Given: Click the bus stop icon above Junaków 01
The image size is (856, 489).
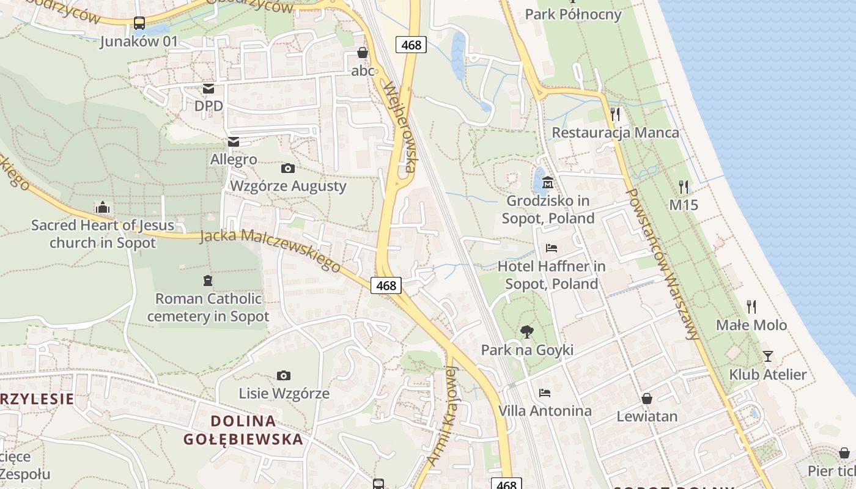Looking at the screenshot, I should [x=139, y=23].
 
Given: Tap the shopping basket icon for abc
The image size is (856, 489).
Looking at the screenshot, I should [x=363, y=53].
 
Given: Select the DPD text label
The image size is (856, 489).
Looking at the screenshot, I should [x=208, y=106].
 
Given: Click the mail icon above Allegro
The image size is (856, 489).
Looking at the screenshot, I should [x=233, y=142].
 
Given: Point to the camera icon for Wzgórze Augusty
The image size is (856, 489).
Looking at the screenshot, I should [x=287, y=168].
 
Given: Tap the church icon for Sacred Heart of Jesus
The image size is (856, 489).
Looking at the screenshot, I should [x=102, y=208].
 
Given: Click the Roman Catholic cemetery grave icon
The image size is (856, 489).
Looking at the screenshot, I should [x=208, y=281].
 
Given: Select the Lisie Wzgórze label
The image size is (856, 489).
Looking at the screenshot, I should [x=284, y=393].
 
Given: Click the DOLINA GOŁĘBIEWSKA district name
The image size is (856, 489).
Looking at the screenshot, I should [x=243, y=430].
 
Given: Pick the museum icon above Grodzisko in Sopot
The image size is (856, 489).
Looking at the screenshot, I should [x=548, y=182].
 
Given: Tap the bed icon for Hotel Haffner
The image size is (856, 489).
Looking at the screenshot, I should [x=551, y=248].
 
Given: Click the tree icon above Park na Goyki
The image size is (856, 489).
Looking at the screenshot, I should [x=526, y=332].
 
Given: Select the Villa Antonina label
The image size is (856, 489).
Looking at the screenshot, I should [x=545, y=411].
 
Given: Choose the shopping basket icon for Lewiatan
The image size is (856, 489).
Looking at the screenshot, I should [x=647, y=399].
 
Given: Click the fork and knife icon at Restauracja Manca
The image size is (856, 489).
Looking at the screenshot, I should [x=615, y=114].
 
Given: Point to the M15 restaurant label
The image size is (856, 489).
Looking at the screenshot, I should [x=684, y=205].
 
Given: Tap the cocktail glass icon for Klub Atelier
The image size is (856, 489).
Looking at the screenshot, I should [x=768, y=356].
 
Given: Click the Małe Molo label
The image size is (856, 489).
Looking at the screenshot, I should [x=751, y=325].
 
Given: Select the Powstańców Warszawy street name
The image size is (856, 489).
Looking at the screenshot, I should [x=663, y=263].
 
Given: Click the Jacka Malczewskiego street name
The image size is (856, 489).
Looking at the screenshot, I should [x=270, y=250].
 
